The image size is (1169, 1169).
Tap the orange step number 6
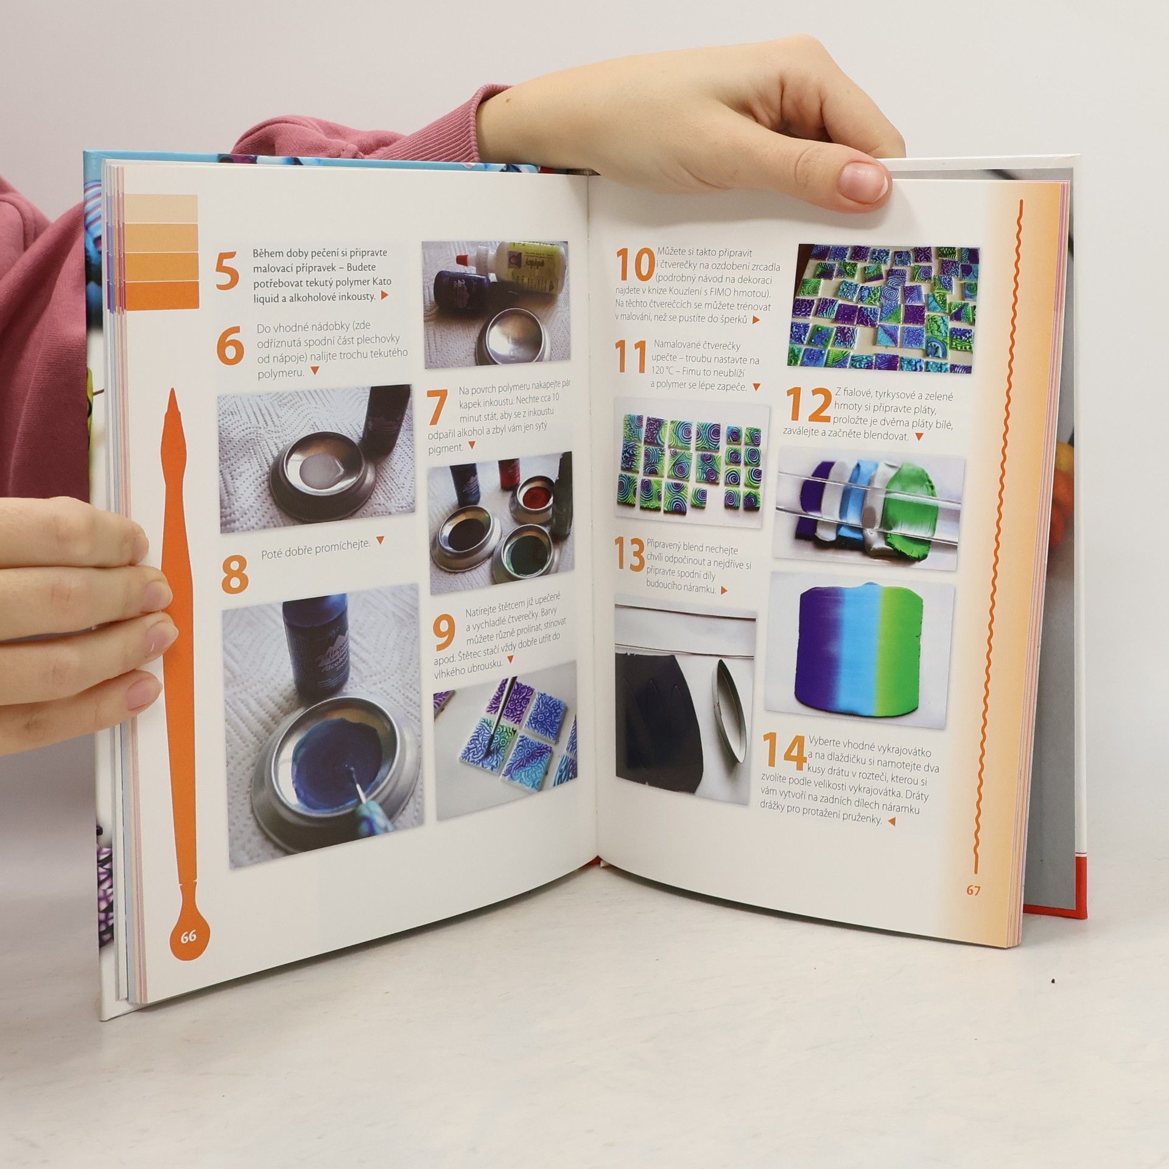click(x=230, y=345)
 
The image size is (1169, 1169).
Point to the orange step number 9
click(x=445, y=632)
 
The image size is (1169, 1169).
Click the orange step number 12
click(x=808, y=404)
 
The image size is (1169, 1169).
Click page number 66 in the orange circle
click(x=188, y=953)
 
